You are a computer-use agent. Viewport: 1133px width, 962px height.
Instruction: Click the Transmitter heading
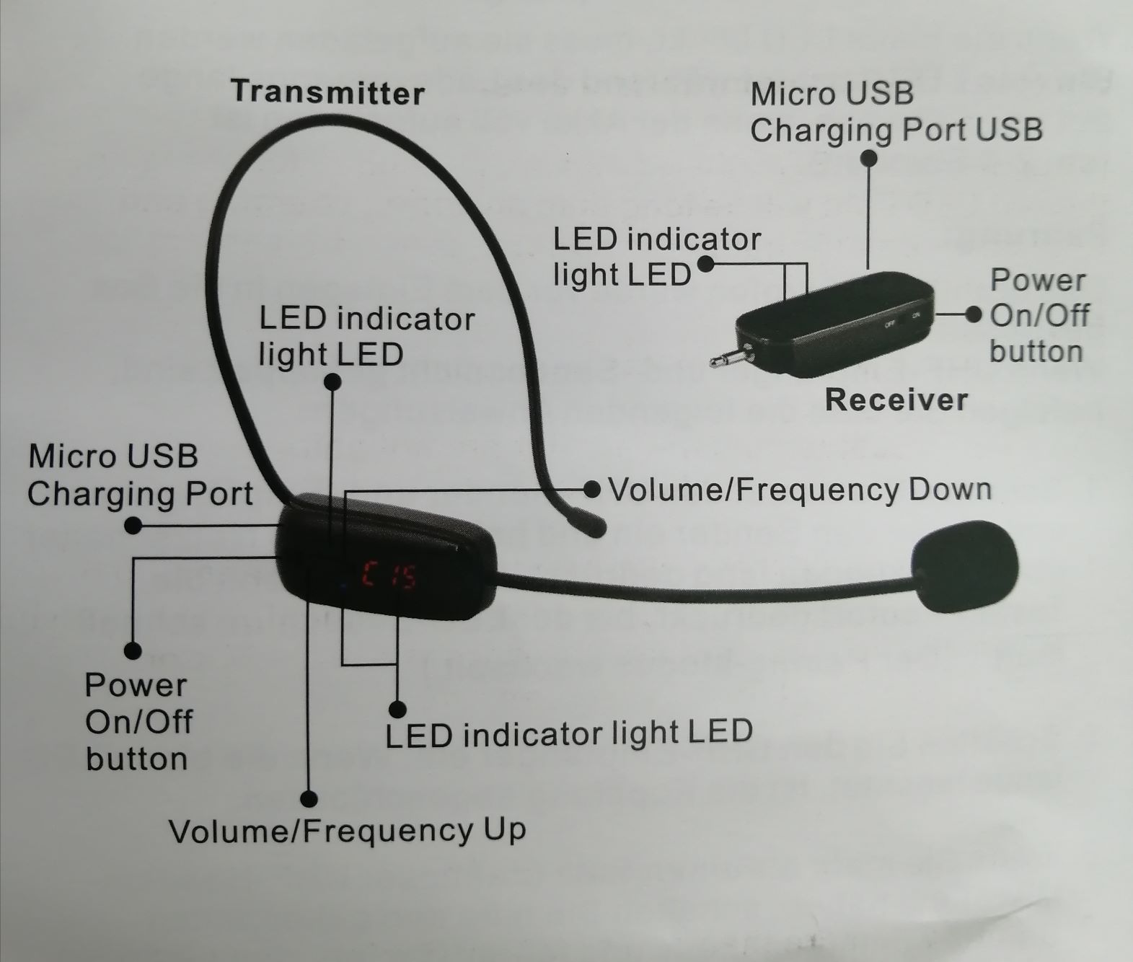(x=327, y=92)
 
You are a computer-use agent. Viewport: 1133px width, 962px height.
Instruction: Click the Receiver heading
(x=896, y=400)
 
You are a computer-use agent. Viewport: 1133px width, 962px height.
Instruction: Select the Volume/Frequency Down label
(x=800, y=490)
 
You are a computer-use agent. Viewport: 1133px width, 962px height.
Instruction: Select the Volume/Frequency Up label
(x=347, y=831)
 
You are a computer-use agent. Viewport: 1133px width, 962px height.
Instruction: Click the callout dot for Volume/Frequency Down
(x=592, y=490)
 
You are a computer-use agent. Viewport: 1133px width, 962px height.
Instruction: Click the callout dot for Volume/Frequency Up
(x=309, y=799)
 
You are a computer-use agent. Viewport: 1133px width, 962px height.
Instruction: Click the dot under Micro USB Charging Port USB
(x=870, y=157)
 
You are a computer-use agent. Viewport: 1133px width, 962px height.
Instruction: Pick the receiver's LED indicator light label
(x=656, y=257)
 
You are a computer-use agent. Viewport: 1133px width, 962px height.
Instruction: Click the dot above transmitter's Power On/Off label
(x=133, y=650)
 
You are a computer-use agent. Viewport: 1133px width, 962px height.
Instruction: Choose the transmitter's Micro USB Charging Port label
(x=140, y=475)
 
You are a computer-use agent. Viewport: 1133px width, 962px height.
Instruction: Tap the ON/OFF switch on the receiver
(x=902, y=319)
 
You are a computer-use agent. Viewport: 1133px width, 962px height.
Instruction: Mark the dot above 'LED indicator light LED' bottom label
(x=397, y=709)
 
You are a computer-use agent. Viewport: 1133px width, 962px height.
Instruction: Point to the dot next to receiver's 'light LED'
(x=706, y=264)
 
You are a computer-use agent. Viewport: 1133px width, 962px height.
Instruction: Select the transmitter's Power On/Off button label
(x=137, y=722)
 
